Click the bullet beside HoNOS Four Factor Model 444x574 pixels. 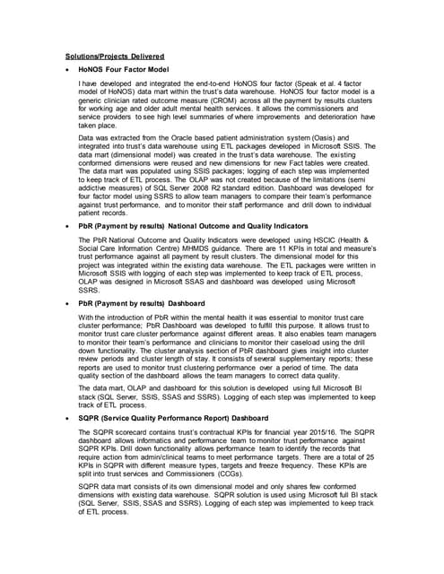69,70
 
